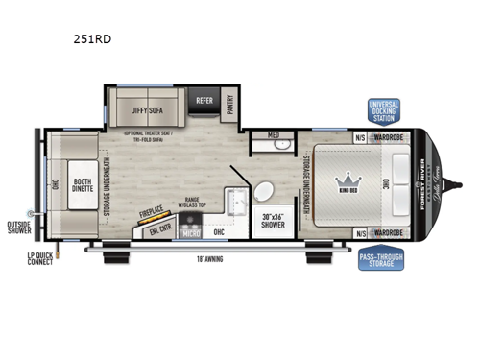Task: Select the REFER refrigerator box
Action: [x=204, y=99]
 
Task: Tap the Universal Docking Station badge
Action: [x=383, y=110]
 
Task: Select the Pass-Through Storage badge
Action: [x=381, y=257]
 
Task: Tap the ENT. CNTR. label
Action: [x=160, y=230]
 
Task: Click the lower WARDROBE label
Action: [x=389, y=232]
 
